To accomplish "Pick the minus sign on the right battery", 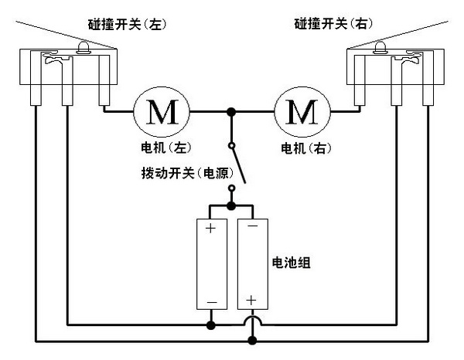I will pos(252,229).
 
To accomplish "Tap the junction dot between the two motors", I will pos(230,113).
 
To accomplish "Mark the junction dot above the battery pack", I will pos(231,206).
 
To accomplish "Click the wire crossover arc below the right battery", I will pos(252,321).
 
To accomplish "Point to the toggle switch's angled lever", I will pos(239,163).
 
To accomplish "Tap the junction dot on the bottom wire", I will pos(252,339).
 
